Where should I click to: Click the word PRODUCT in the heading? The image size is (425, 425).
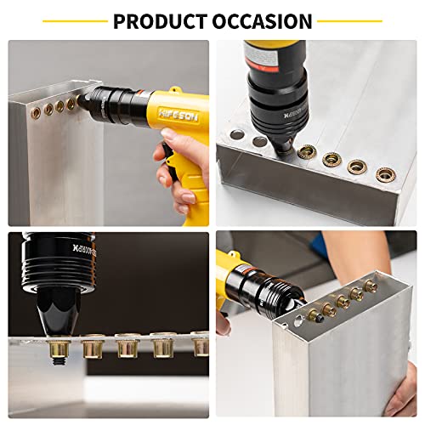pyautogui.click(x=158, y=20)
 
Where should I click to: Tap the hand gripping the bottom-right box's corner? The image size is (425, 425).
pyautogui.click(x=224, y=324)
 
